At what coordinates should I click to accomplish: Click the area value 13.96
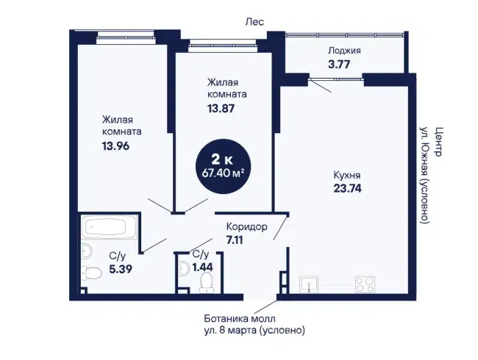(116, 146)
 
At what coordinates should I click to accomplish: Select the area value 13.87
(221, 109)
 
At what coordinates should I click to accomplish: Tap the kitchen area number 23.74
(348, 189)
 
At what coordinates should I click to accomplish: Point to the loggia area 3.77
(339, 65)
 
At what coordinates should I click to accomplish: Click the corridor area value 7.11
(235, 240)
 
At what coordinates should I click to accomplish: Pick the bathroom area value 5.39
(121, 269)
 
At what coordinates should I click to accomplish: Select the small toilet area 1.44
(202, 267)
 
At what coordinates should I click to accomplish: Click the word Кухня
(347, 176)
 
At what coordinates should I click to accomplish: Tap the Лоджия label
(344, 50)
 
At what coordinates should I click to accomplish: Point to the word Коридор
(247, 227)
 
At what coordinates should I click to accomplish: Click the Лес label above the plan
(254, 22)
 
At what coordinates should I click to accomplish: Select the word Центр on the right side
(438, 142)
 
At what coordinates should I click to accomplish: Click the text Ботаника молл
(240, 319)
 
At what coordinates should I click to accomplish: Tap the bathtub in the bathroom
(109, 227)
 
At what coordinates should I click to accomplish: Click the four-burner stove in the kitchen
(365, 284)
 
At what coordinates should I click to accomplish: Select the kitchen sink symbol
(309, 284)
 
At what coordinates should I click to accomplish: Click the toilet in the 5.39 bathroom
(91, 273)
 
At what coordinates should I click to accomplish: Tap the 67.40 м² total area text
(224, 173)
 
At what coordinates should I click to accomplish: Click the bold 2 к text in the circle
(222, 159)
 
